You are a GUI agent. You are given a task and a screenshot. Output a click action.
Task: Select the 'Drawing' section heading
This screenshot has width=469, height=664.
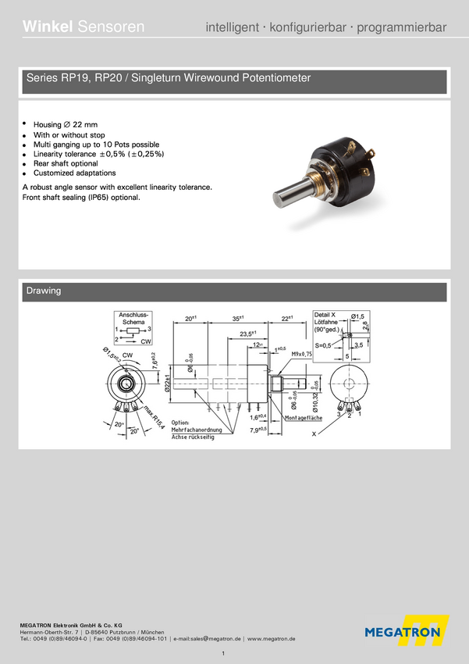(44, 291)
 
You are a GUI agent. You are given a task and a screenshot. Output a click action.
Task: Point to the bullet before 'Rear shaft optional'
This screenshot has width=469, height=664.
(25, 164)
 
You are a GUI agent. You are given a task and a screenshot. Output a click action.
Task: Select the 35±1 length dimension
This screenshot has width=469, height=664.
(239, 319)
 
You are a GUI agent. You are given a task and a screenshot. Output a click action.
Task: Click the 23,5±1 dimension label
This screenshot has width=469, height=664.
(250, 334)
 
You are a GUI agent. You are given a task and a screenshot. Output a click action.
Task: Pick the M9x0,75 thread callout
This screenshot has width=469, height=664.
(301, 355)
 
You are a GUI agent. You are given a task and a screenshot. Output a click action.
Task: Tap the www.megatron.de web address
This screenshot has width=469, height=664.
(271, 638)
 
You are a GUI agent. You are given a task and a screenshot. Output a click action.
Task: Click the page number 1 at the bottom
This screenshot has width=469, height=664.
(224, 653)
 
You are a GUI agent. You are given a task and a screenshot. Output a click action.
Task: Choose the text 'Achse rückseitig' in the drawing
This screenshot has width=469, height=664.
(193, 437)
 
